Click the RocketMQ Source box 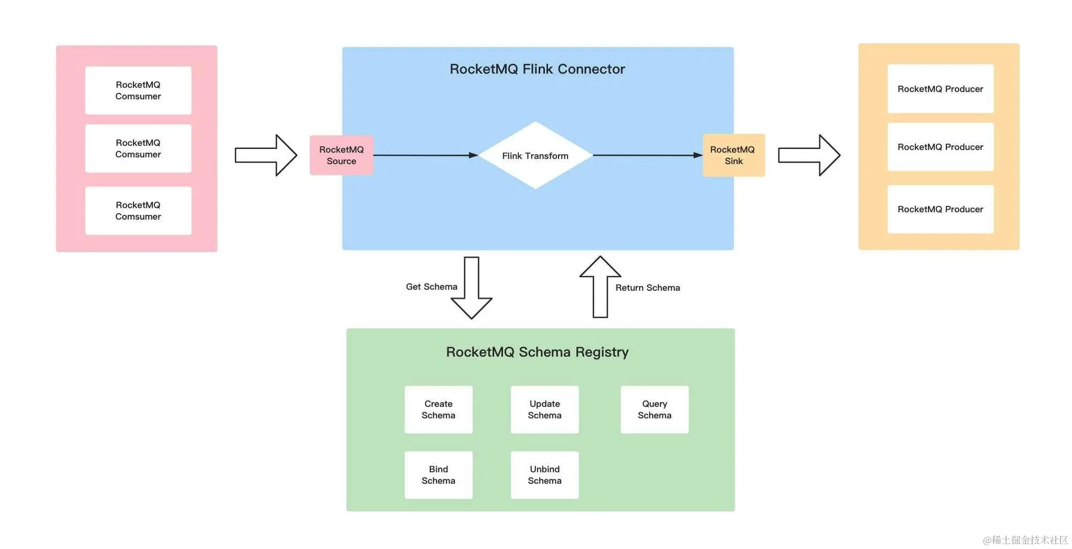click(341, 155)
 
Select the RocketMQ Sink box click(733, 155)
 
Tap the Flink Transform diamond click(535, 155)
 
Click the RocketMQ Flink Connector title click(537, 69)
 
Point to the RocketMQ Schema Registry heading click(537, 352)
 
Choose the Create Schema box click(438, 410)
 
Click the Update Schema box click(545, 410)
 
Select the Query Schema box click(654, 410)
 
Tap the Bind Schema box click(438, 475)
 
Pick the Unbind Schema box click(545, 475)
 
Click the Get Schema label click(431, 287)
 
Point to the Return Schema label click(647, 288)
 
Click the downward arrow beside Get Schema click(472, 289)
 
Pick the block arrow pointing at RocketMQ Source click(266, 155)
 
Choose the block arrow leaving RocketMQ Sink click(809, 155)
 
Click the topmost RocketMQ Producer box click(940, 89)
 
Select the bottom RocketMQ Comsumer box click(138, 210)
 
